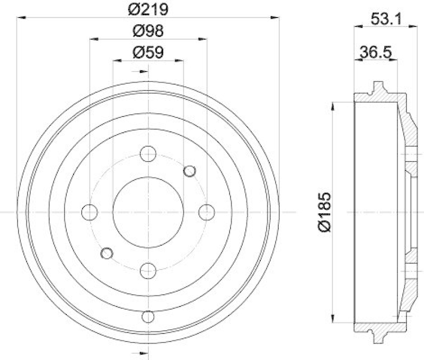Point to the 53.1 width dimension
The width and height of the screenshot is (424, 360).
coord(384,20)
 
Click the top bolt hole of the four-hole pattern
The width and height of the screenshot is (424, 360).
coord(148,154)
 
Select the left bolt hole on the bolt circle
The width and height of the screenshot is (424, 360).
coord(90,212)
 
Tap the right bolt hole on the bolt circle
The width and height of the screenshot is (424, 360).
coord(206,212)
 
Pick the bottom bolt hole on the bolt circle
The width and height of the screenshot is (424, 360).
coord(148,271)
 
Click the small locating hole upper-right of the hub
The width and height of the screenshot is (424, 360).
coord(189,170)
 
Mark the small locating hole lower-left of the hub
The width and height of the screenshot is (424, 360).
coord(107,253)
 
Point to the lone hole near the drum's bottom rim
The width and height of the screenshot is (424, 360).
coord(148,317)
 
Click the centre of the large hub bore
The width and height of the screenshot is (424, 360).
coord(148,212)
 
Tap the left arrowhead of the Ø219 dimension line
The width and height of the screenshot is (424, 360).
coord(21,17)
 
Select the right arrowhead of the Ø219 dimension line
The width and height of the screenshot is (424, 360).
coord(275,17)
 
